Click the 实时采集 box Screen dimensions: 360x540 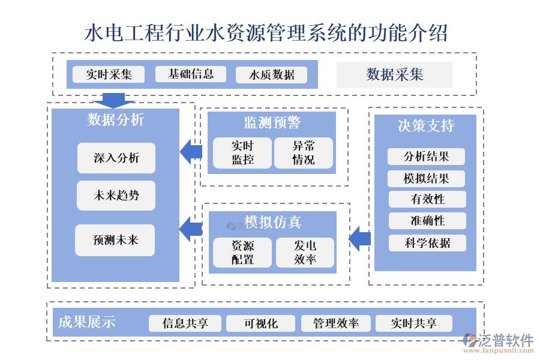coord(109,74)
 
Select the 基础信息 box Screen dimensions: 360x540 coord(191,74)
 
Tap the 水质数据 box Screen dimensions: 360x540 coord(272,75)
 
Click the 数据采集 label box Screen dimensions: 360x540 coord(394,74)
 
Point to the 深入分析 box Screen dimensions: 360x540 coord(116,158)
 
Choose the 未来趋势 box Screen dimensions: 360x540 coord(116,196)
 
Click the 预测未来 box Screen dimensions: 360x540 coord(115,240)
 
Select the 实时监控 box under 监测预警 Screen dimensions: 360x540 coord(242,153)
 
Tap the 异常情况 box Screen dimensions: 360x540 coord(303,153)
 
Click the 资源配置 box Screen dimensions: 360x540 coord(242,253)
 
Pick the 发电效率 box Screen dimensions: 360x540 coord(305,253)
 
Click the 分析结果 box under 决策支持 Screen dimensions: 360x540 coord(426,157)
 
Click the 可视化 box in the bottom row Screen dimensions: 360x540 coord(260,323)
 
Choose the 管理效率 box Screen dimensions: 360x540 coord(336,323)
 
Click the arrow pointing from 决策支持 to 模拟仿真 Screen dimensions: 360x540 coord(360,239)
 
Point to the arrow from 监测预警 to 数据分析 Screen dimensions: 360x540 coord(191,152)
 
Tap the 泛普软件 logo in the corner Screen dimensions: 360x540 coord(499,343)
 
